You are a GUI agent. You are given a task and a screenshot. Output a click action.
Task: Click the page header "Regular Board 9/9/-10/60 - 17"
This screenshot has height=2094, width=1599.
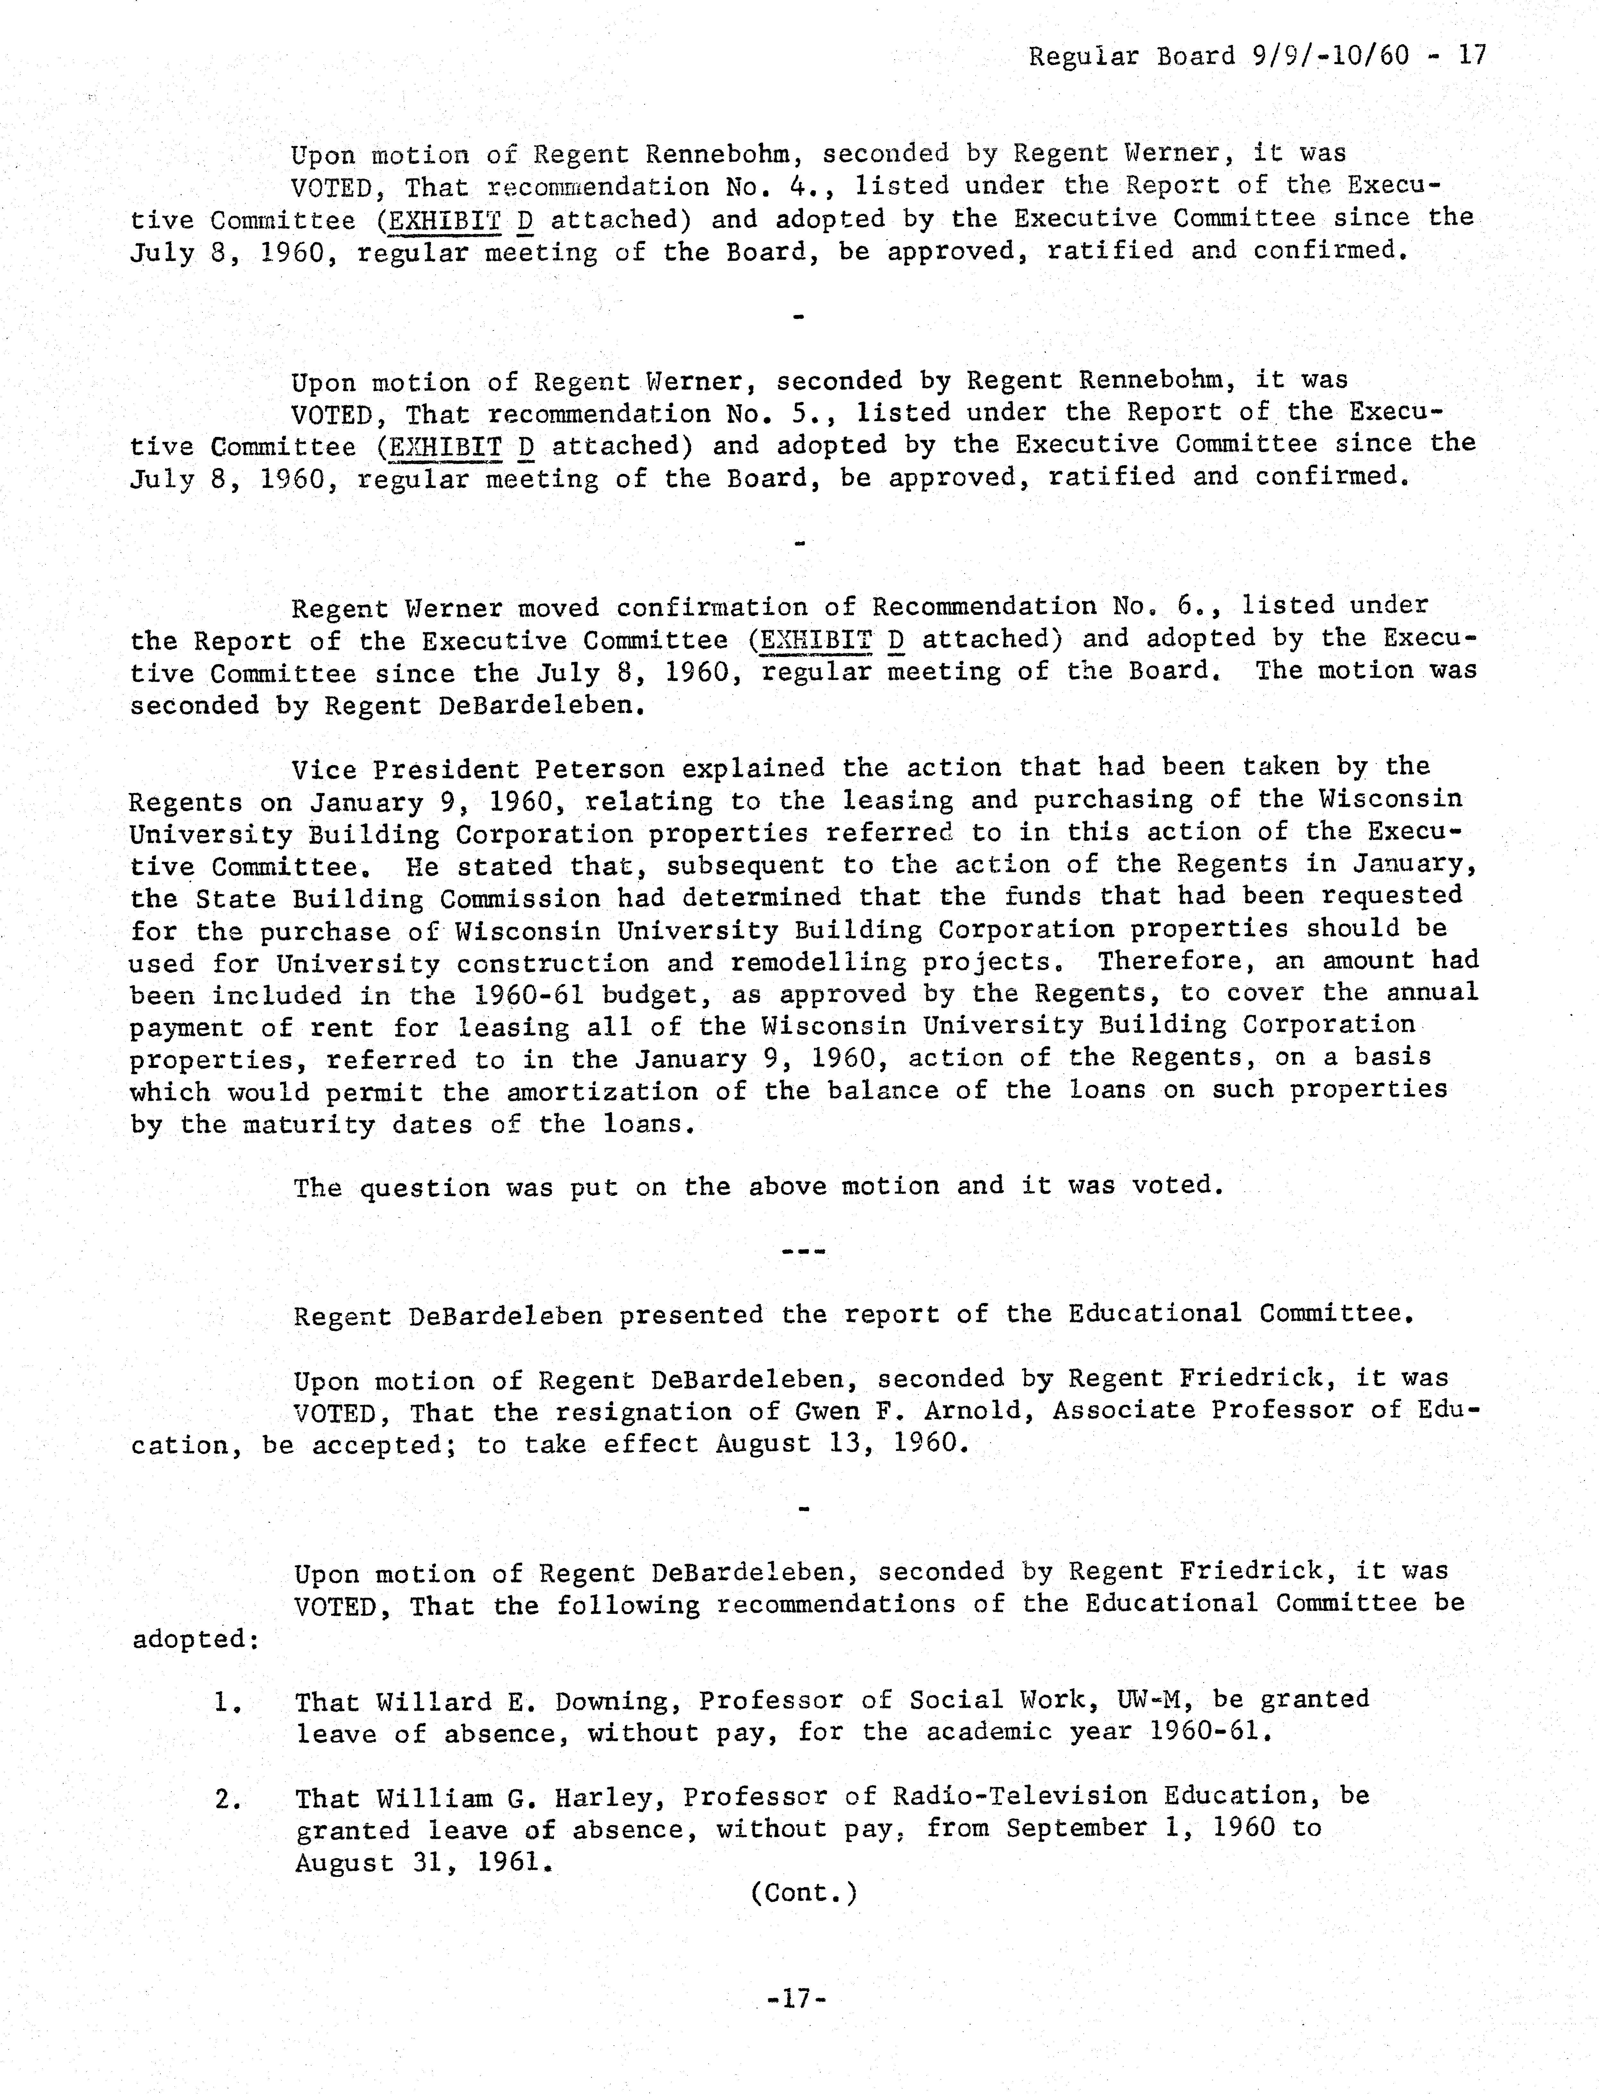click(x=1256, y=56)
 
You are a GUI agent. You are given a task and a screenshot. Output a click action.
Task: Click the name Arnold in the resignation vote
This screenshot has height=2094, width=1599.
click(x=974, y=1411)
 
